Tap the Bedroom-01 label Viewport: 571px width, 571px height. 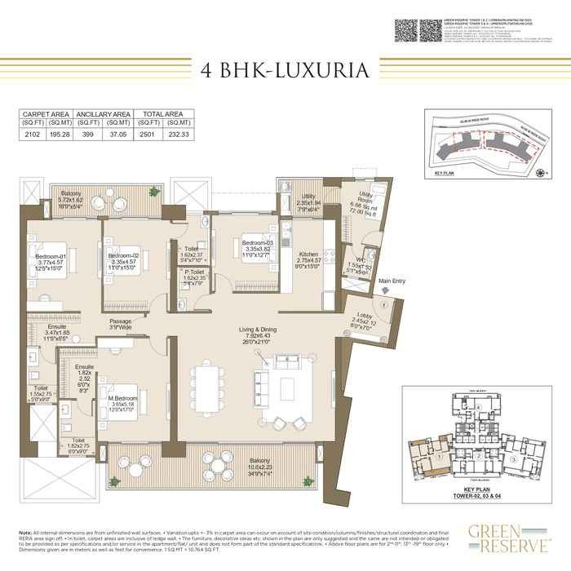(43, 257)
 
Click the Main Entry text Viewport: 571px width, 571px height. (392, 281)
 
